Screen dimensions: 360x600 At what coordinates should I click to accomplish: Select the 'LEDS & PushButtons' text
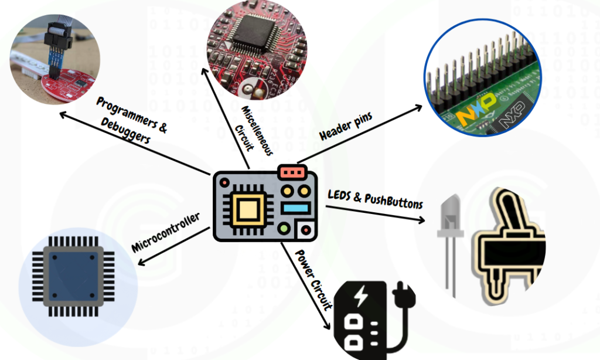(375, 199)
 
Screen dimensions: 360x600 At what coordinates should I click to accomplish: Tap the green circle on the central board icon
(285, 227)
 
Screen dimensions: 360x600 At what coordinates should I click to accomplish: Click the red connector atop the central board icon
(293, 172)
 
